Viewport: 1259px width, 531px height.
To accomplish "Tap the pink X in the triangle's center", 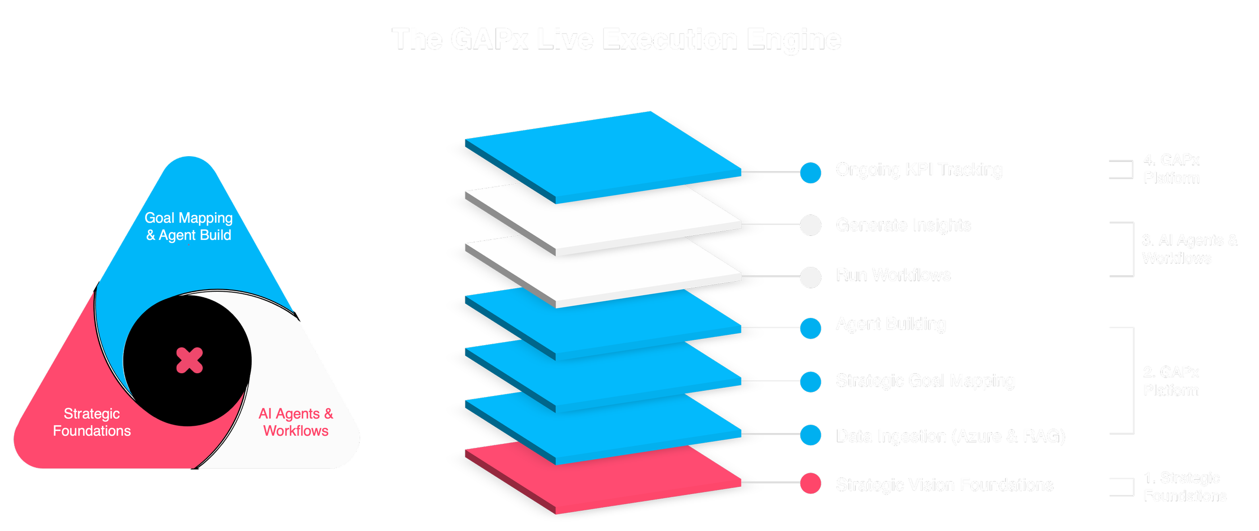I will tap(189, 360).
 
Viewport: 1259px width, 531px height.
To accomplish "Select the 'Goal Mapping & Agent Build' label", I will tap(189, 226).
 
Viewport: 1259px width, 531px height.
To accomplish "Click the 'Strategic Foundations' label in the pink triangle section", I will tap(92, 422).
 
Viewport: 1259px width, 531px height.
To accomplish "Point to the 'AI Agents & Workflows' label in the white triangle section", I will tap(296, 422).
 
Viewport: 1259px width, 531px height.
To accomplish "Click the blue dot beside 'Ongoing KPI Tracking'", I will tap(811, 172).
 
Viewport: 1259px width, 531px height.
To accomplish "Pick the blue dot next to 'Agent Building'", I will tap(811, 328).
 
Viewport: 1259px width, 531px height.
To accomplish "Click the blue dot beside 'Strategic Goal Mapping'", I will tap(811, 381).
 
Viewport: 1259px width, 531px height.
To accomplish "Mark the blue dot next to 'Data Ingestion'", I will tap(811, 435).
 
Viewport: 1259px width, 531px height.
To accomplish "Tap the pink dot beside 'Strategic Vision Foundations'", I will tap(811, 483).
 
